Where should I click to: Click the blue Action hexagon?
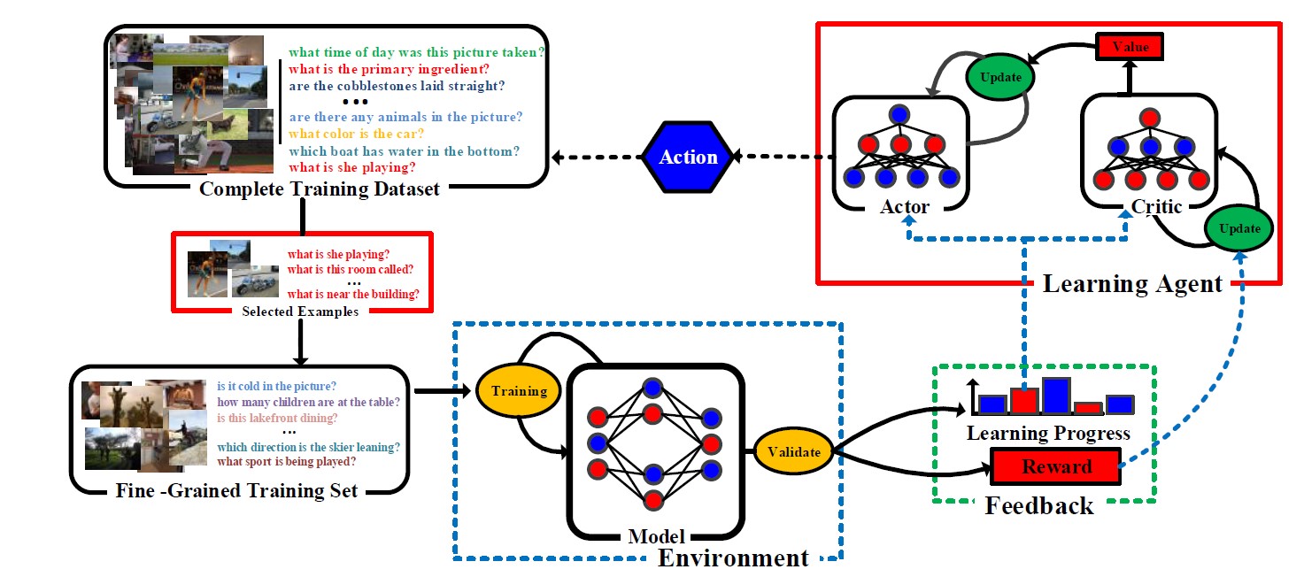pos(688,158)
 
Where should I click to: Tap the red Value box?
pos(1129,47)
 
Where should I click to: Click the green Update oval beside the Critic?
pos(1239,228)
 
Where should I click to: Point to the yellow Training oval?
pos(519,390)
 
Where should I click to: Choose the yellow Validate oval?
pos(793,452)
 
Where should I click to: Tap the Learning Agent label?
pos(1132,284)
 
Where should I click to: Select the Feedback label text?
pos(1039,506)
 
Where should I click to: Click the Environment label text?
pos(733,558)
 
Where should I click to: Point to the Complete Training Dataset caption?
pos(320,188)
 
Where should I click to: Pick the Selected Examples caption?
pos(299,312)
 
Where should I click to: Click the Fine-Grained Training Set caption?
pos(237,489)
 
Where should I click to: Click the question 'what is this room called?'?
pos(351,269)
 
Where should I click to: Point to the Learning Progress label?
pos(1048,434)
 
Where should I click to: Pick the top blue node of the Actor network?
pos(899,114)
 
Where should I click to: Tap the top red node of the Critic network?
pos(1149,116)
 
